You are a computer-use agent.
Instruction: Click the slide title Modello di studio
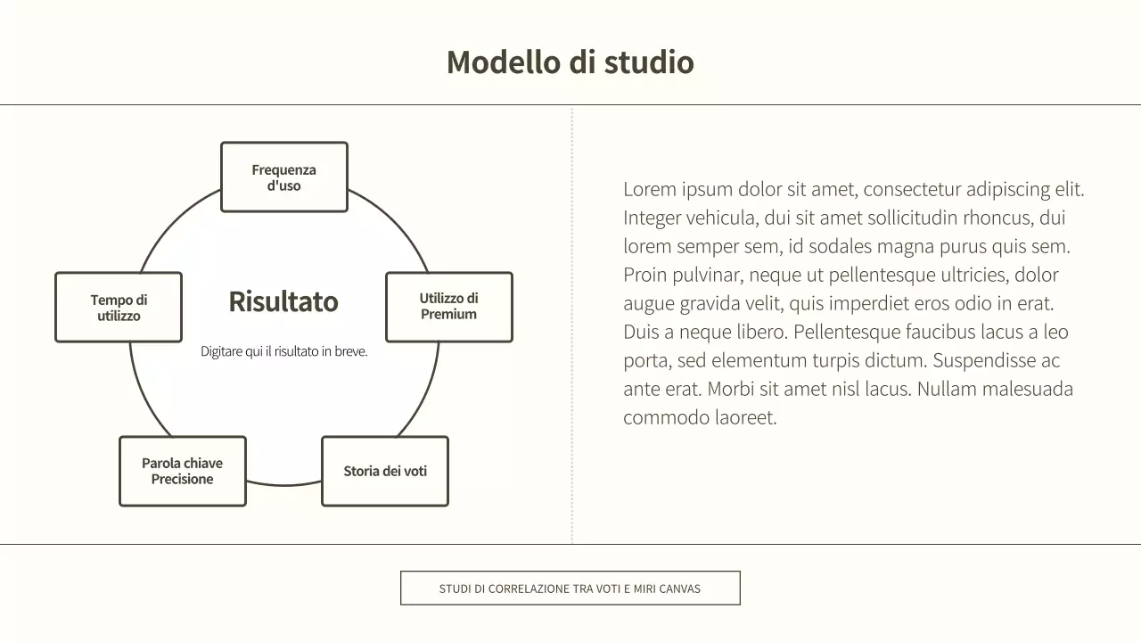570,62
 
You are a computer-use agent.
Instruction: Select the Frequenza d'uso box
283,177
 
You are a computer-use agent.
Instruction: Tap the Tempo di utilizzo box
119,308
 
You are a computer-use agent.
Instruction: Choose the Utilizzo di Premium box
448,307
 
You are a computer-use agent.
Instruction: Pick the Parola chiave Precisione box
182,471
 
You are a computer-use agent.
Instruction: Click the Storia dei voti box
384,471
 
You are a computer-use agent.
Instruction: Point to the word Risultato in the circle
283,301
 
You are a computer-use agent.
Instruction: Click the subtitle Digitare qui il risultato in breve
283,351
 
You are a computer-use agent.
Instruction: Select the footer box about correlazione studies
570,588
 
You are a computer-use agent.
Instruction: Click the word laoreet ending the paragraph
743,417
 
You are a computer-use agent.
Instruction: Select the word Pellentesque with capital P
847,332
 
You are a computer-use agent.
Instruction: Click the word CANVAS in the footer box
679,588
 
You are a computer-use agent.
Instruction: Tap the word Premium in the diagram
448,315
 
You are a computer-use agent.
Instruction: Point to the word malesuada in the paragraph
1026,389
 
